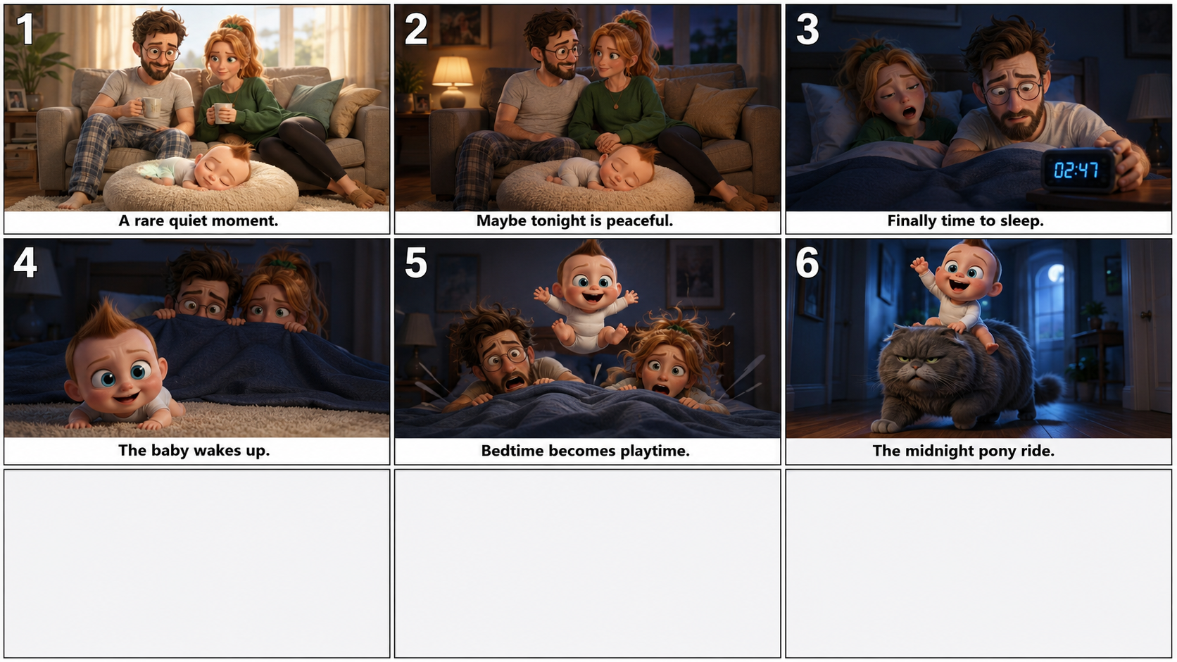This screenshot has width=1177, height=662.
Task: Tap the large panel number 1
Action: coord(25,29)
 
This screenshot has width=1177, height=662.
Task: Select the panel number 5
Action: coord(415,263)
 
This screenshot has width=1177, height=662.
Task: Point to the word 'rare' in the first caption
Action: coord(150,221)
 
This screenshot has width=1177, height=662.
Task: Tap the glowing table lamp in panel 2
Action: coord(452,82)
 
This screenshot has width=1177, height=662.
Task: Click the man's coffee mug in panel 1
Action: coord(150,107)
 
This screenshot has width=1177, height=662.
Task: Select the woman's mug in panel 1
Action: coord(222,113)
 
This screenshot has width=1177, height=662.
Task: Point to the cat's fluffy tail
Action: coord(1045,390)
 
